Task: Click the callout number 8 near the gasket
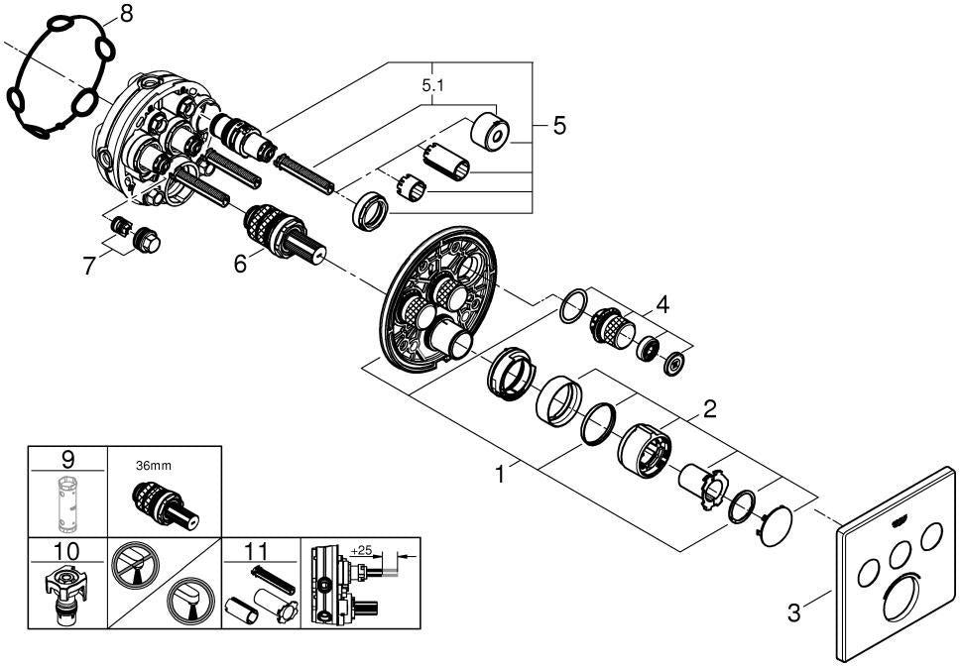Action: [x=126, y=14]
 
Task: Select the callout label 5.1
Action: [x=432, y=86]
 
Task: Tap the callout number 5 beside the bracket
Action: [x=559, y=126]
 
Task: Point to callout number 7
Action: [x=89, y=266]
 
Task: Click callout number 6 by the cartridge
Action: [x=241, y=264]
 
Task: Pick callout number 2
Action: [x=710, y=408]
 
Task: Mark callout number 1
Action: [x=500, y=474]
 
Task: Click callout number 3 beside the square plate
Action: [x=793, y=612]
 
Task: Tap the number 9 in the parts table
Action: [x=68, y=459]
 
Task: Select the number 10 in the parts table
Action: [x=66, y=551]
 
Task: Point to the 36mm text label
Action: [x=153, y=466]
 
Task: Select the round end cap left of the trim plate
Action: [x=776, y=525]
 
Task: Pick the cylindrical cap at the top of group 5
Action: [x=490, y=131]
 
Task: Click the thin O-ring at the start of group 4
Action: [x=573, y=306]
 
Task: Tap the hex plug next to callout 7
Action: [x=147, y=240]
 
